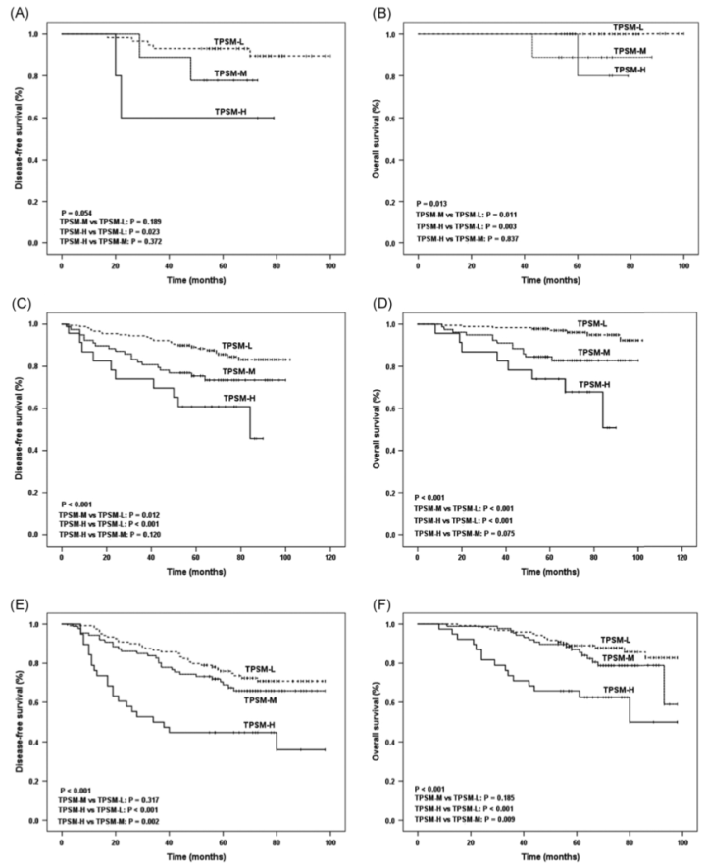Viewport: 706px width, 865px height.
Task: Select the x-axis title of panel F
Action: click(x=551, y=856)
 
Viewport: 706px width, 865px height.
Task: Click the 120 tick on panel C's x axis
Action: click(x=328, y=550)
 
